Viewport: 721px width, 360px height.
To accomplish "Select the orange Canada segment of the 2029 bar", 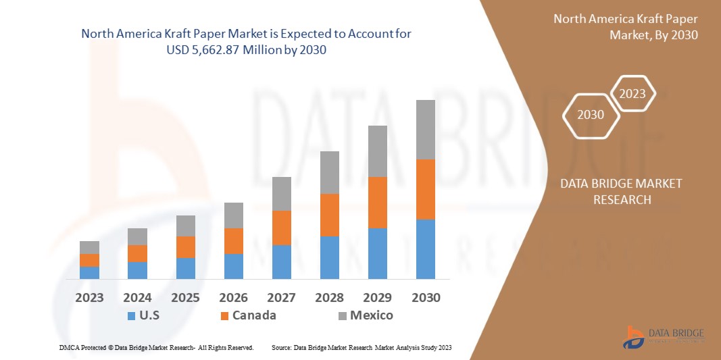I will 377,202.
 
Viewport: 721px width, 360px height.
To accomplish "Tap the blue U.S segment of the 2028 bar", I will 329,257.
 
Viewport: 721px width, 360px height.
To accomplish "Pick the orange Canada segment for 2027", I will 281,228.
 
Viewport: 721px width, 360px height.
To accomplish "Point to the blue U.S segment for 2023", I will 89,272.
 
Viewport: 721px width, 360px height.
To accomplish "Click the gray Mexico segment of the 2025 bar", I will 185,226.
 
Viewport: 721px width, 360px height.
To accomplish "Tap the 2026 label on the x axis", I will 233,297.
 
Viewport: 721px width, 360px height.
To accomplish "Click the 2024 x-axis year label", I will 137,297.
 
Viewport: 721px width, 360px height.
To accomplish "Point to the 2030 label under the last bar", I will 425,297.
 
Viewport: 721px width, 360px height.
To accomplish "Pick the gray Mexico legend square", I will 342,315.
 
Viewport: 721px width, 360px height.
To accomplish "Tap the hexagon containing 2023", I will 632,94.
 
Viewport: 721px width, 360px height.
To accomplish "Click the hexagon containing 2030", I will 591,115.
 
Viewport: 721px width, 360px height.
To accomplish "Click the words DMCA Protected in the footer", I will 80,347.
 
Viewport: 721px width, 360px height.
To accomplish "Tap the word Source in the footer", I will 281,347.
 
